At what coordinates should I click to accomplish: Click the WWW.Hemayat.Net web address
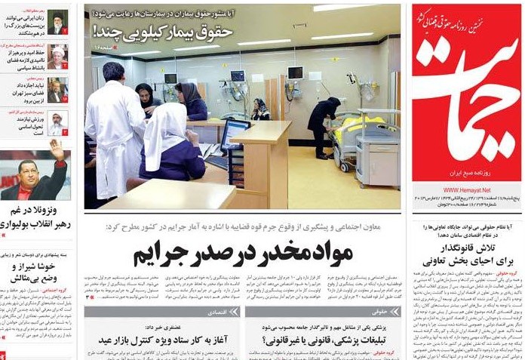pyautogui.click(x=467, y=190)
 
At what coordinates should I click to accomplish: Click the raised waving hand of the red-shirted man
pyautogui.click(x=57, y=150)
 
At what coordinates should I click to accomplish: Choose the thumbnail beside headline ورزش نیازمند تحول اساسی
pyautogui.click(x=58, y=122)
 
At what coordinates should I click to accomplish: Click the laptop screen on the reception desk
pyautogui.click(x=234, y=133)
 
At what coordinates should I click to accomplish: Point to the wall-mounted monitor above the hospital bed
pyautogui.click(x=295, y=72)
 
